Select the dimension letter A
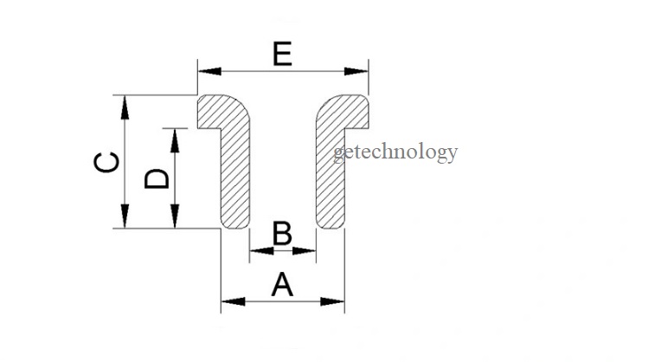click(x=282, y=284)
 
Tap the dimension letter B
click(x=282, y=234)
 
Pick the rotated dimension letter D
click(x=157, y=178)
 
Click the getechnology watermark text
click(x=395, y=153)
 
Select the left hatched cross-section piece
click(x=235, y=173)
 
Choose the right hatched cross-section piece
click(x=330, y=173)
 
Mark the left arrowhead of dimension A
click(x=229, y=301)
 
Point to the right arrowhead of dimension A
click(x=337, y=301)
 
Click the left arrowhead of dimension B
click(x=257, y=252)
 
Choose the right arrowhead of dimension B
click(x=307, y=252)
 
